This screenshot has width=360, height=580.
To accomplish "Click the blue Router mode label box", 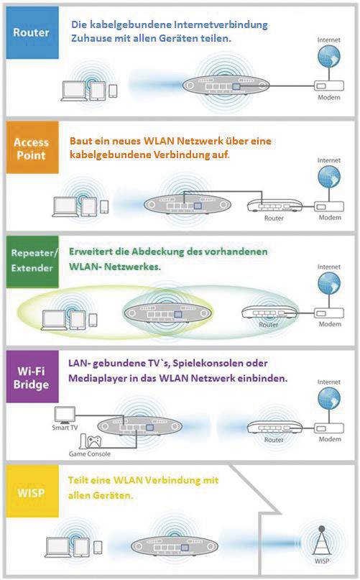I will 31,32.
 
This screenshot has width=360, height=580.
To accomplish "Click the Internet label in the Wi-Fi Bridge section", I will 329,382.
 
